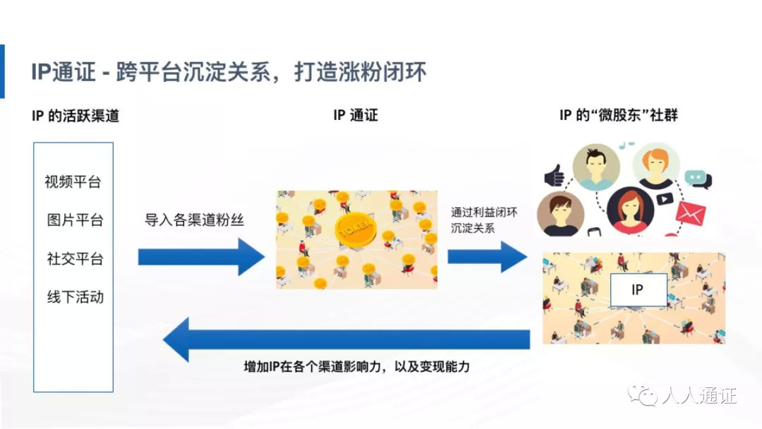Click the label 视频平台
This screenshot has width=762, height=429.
tap(73, 182)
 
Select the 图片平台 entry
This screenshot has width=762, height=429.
tap(74, 220)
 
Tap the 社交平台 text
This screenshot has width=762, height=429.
tap(74, 259)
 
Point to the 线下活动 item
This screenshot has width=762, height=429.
tap(74, 297)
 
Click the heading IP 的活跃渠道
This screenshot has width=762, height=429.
tap(75, 116)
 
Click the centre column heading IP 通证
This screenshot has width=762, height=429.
tap(355, 116)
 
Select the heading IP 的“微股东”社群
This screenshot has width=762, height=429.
tap(618, 116)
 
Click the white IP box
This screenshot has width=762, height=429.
tap(637, 289)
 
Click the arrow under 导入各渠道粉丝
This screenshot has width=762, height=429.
tap(200, 256)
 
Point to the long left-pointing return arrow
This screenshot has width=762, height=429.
tap(346, 339)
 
